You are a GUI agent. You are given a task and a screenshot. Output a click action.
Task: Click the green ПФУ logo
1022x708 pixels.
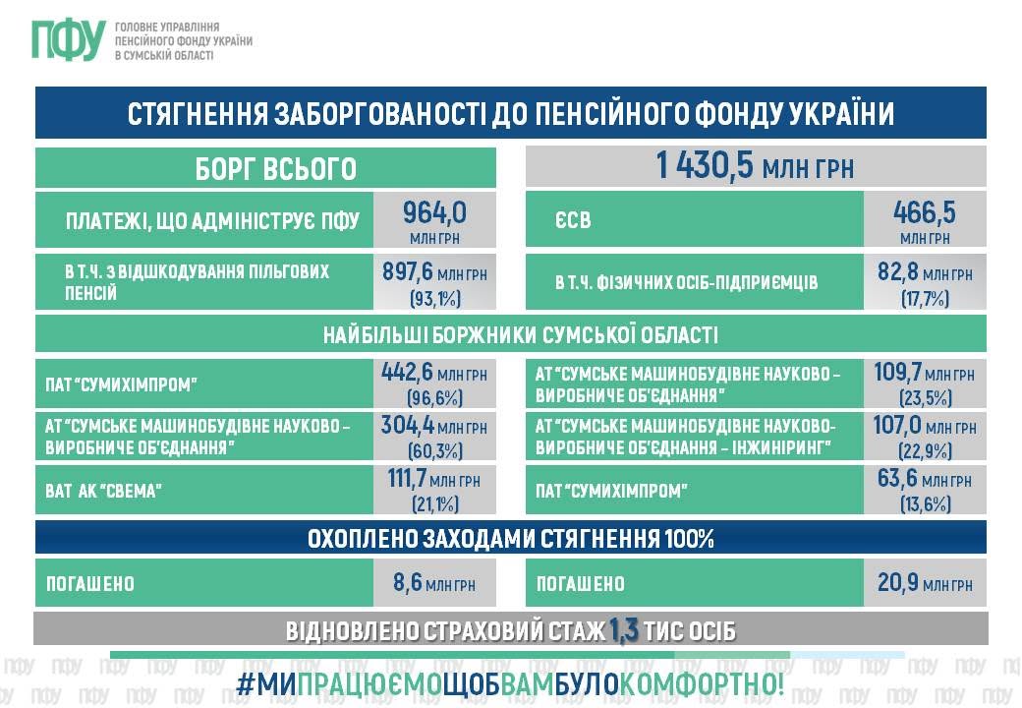point(69,39)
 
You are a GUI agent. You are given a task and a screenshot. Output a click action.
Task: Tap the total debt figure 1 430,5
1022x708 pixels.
point(705,165)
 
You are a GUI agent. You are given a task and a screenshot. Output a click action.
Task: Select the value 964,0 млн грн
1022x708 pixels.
point(434,220)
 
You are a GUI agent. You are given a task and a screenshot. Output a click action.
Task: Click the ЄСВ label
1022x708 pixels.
point(573,220)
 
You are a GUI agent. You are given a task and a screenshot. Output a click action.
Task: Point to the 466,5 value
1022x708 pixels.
point(925,212)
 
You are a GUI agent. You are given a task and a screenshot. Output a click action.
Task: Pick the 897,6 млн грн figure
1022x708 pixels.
point(434,271)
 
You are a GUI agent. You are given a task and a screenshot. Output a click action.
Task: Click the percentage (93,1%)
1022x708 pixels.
point(434,299)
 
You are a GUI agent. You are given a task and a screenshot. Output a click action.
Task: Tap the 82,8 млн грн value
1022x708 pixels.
point(925,271)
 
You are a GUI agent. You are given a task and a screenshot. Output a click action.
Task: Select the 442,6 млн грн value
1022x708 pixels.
point(434,373)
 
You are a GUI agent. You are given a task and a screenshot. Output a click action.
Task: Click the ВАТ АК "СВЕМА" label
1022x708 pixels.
point(103,491)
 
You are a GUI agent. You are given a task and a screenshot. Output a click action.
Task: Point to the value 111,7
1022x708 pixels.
point(407,479)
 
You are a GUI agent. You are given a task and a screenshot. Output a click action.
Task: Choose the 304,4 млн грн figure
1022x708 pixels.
point(434,426)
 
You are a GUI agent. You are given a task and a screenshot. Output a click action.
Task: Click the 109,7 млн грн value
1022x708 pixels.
point(925,373)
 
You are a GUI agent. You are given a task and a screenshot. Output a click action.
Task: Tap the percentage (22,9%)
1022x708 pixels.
point(925,451)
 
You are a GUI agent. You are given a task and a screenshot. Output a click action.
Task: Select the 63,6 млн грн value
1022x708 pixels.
point(925,479)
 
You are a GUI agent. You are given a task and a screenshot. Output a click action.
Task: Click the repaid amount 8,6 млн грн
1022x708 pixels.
point(434,582)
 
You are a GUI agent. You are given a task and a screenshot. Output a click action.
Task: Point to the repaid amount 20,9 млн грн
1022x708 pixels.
point(925,582)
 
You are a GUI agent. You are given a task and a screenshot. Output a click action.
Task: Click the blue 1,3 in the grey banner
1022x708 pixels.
point(623,630)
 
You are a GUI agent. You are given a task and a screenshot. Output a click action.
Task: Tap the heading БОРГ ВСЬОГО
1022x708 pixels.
point(276,169)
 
